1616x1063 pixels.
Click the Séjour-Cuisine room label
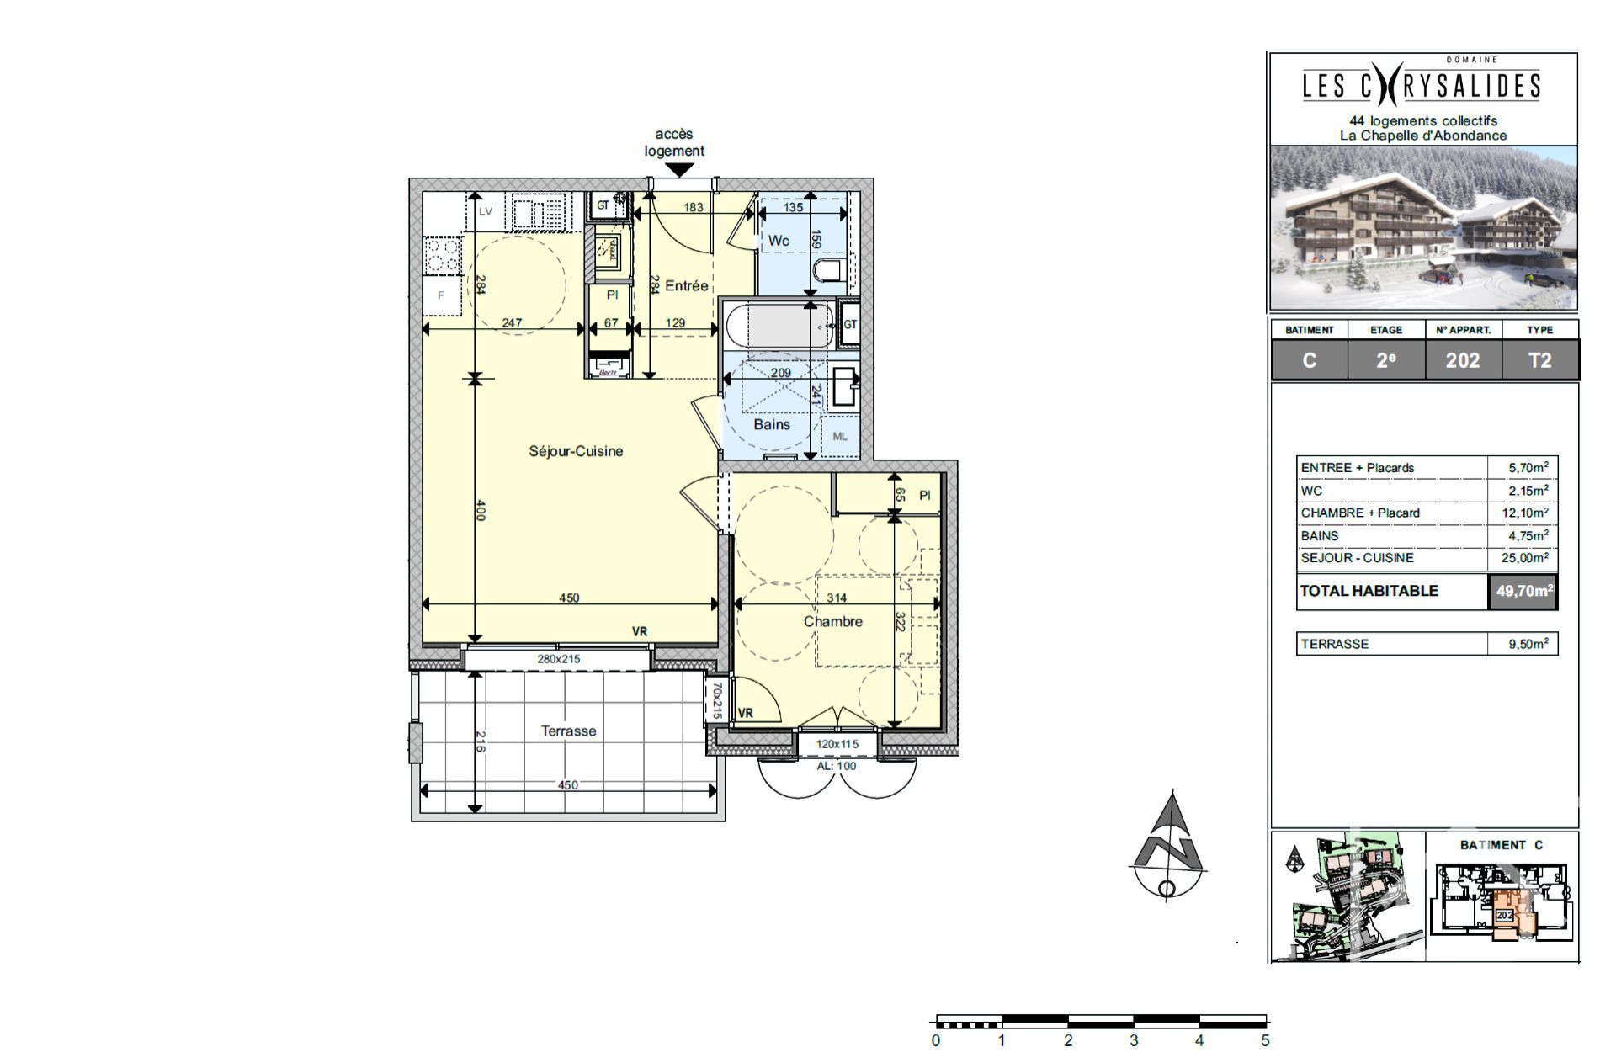(576, 451)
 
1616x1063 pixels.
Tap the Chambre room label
(832, 621)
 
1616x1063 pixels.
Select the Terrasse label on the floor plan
(568, 731)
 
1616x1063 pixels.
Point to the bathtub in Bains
(778, 326)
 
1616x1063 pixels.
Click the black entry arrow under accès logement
(679, 169)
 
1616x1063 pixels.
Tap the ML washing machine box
(840, 437)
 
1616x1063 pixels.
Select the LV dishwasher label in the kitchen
(486, 211)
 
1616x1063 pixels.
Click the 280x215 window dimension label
(558, 659)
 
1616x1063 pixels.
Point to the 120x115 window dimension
(837, 744)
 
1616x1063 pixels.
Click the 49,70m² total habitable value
(1523, 591)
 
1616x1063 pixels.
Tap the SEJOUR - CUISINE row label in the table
(1357, 558)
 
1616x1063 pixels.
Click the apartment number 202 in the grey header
(1462, 360)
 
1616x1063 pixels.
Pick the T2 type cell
(1539, 360)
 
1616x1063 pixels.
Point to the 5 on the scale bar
(1265, 1041)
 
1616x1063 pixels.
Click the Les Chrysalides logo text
(1422, 86)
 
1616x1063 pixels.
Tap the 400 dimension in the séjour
(481, 510)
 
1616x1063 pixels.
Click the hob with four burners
(443, 256)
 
